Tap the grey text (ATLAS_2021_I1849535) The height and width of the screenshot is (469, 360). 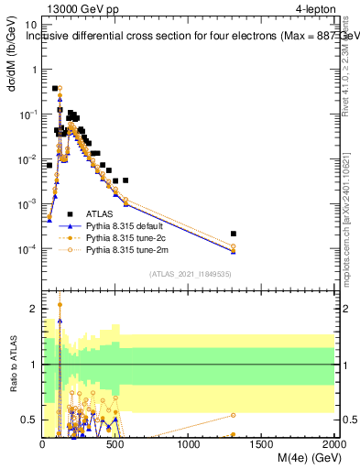[190, 273]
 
